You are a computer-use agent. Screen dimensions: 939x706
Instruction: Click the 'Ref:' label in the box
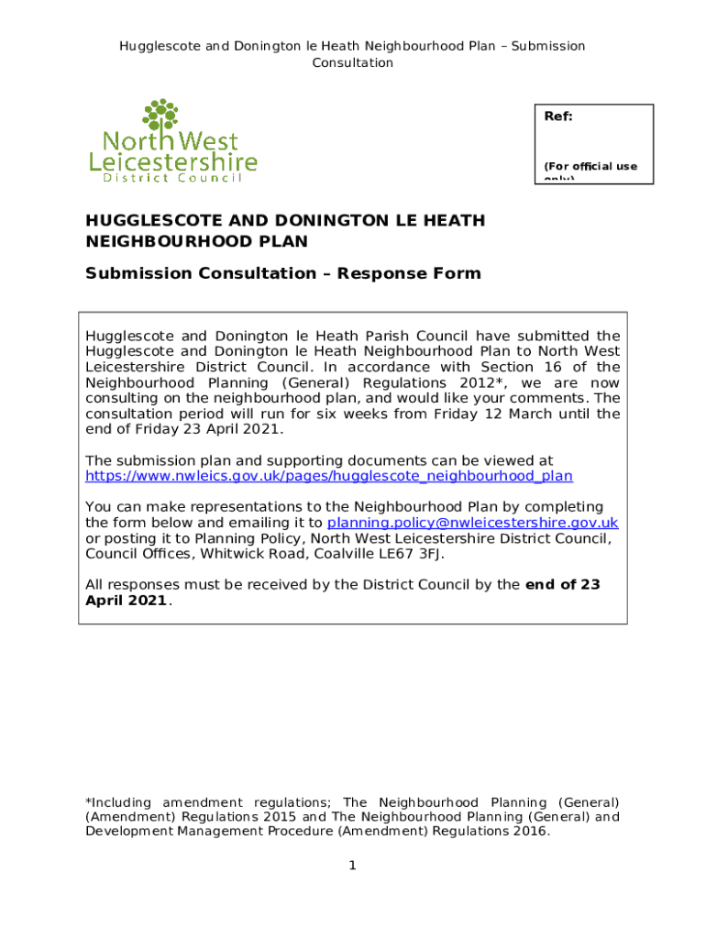559,117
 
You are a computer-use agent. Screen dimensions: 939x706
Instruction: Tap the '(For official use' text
590,166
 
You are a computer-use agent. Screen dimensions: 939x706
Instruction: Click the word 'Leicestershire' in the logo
172,162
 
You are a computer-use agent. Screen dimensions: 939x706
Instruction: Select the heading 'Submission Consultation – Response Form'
282,273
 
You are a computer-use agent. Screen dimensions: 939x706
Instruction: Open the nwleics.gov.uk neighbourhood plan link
328,476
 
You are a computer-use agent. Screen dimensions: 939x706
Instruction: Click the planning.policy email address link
472,523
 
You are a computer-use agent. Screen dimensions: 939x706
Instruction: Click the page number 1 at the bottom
352,866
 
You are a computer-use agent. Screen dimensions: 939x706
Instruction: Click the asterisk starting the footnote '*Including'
88,801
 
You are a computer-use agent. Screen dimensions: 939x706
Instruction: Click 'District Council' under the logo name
165,178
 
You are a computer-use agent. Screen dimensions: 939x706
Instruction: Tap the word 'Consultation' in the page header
352,62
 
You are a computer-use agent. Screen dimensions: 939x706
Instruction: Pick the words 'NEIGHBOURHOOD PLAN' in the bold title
196,241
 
